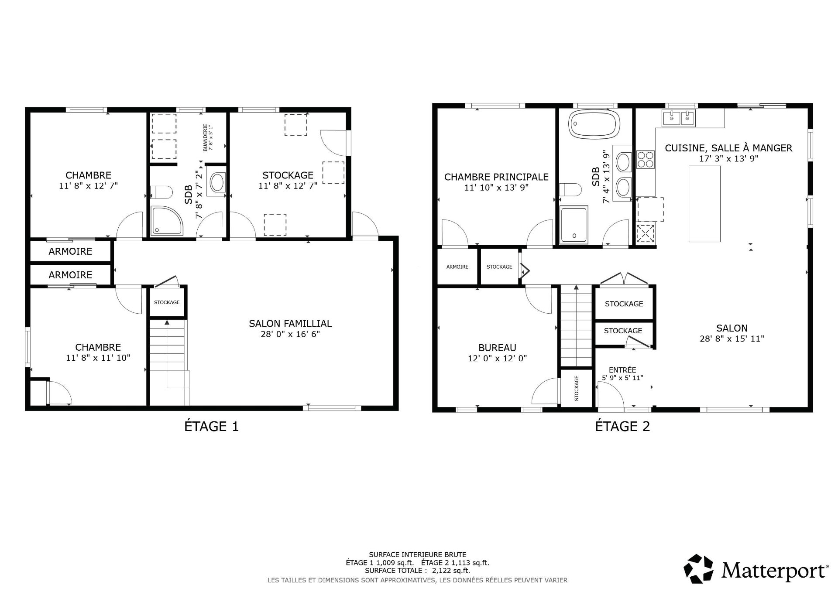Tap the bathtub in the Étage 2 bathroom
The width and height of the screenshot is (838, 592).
[x=594, y=123]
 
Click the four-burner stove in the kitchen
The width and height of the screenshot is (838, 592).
[x=645, y=159]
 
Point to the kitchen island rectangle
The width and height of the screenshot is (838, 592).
[x=704, y=204]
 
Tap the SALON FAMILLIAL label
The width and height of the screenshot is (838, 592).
[x=290, y=324]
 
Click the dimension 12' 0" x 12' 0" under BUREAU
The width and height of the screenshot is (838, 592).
[x=497, y=359]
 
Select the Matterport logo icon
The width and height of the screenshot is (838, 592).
[x=698, y=569]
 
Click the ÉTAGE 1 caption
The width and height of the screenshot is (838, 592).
[x=212, y=426]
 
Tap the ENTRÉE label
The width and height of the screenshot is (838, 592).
[x=622, y=370]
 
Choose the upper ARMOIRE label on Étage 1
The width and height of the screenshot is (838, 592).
[x=70, y=252]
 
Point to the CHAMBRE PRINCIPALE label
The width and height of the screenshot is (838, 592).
[x=496, y=177]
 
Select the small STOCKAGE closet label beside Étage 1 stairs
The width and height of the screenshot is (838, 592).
[x=167, y=302]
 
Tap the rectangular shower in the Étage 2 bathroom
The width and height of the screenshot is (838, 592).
[x=574, y=224]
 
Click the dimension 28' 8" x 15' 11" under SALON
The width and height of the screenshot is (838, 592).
[x=732, y=339]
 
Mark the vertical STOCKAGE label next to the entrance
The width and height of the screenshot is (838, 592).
[x=576, y=388]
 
